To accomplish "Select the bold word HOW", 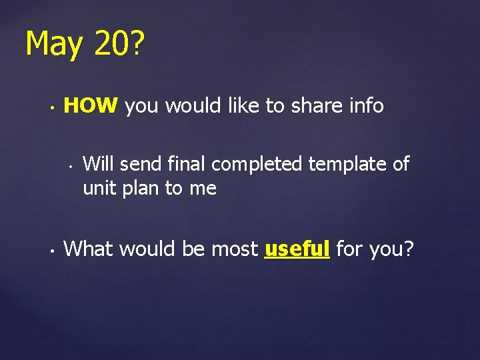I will (x=91, y=105).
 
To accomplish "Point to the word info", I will (x=365, y=105).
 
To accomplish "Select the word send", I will (x=142, y=163).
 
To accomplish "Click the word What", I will (x=87, y=249).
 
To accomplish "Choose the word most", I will (x=234, y=249).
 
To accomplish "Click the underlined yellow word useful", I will (x=297, y=249).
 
